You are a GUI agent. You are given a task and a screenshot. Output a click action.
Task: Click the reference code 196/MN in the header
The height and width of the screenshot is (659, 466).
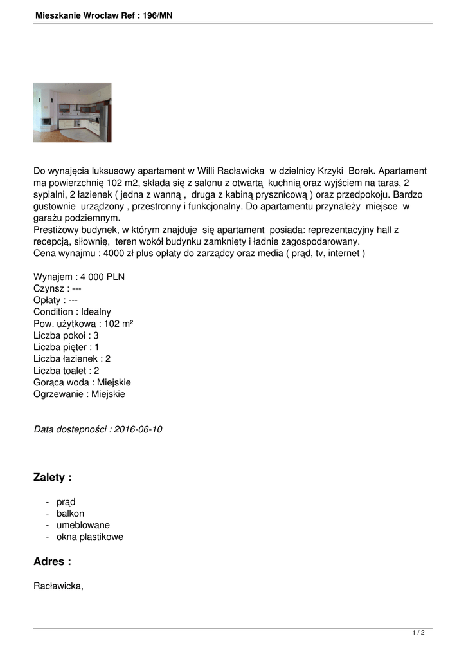click(157, 15)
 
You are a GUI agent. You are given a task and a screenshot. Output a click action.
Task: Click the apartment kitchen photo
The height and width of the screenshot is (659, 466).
click(72, 113)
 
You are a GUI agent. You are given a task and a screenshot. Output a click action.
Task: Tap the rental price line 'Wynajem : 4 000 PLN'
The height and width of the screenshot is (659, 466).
click(79, 277)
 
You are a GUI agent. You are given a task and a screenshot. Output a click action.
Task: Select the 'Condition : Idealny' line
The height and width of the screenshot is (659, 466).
click(72, 312)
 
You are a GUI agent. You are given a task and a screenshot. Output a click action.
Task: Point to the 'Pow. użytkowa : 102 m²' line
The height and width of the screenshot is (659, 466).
click(83, 324)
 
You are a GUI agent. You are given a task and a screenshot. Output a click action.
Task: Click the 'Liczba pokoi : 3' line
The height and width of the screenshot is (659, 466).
click(66, 335)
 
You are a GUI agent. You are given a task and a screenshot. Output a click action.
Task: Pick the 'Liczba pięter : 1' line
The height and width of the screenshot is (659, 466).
click(66, 347)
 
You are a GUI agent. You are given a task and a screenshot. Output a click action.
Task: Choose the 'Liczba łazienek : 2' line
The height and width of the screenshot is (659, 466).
click(72, 358)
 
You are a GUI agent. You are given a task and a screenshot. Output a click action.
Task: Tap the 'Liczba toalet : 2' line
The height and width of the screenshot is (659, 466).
click(66, 370)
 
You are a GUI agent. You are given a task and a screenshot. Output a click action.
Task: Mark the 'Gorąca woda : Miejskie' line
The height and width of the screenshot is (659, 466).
click(82, 382)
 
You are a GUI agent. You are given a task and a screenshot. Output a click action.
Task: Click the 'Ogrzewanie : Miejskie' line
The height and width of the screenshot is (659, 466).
click(79, 393)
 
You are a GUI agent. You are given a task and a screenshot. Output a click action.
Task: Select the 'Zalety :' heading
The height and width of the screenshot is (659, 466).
click(53, 478)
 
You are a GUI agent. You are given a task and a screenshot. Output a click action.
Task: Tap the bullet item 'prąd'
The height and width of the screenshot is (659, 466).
click(66, 502)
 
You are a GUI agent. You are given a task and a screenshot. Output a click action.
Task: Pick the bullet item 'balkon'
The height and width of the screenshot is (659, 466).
click(70, 514)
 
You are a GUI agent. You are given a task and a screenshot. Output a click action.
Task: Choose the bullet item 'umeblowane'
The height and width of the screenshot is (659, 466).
click(83, 525)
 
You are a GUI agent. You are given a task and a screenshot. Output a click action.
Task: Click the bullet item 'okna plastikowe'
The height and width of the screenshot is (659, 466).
click(90, 537)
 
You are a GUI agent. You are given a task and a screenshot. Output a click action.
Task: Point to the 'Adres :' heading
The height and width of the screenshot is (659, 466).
click(52, 561)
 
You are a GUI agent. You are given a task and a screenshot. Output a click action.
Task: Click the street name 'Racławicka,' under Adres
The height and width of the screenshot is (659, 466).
click(58, 586)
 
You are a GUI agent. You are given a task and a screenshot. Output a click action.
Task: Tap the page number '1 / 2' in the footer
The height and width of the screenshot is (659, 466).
click(418, 633)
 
